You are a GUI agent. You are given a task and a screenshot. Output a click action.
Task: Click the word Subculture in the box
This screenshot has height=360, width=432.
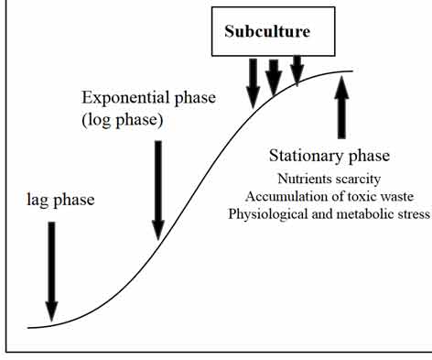tap(267, 31)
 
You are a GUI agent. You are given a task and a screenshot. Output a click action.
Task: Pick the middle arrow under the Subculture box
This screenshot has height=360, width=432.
tap(274, 76)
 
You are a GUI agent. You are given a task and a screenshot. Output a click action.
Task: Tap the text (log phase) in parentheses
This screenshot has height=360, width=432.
tap(121, 120)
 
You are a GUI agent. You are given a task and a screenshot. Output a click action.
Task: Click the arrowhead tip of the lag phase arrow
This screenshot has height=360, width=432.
tap(51, 320)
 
